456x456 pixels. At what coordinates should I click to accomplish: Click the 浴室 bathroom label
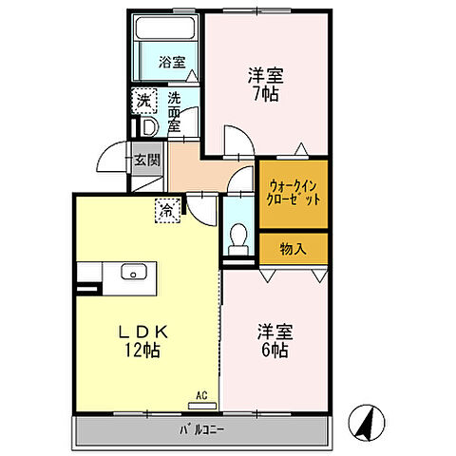point(171,64)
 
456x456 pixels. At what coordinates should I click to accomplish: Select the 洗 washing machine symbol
point(142,100)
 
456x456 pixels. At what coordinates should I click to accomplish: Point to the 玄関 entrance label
point(146,159)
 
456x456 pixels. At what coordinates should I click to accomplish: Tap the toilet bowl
point(239,234)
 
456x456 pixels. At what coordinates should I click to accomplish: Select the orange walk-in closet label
point(294,194)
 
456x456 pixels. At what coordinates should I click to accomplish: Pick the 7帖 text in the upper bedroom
point(266,94)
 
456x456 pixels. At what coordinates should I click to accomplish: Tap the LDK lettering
point(144,332)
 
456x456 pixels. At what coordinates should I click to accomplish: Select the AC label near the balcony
point(201,394)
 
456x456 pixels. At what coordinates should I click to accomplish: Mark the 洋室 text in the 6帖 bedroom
point(276,333)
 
